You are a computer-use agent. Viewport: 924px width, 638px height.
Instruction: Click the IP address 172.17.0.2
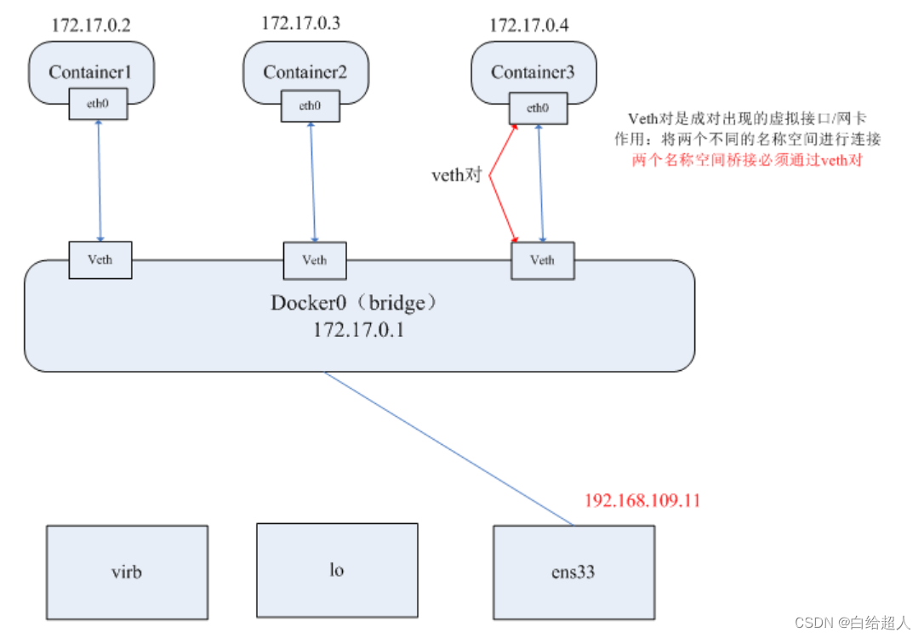point(91,25)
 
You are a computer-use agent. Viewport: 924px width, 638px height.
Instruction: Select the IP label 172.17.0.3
point(300,23)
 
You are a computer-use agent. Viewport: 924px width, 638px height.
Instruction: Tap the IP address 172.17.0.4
point(528,26)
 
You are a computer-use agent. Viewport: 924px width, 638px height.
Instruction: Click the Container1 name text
point(90,71)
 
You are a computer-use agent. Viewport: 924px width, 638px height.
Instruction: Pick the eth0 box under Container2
point(310,106)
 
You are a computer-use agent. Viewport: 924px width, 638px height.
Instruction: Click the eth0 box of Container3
point(537,107)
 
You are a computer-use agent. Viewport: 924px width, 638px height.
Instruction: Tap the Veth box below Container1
point(100,260)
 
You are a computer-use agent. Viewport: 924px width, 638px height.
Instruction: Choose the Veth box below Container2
point(315,260)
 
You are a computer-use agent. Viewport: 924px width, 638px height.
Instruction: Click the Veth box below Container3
point(542,260)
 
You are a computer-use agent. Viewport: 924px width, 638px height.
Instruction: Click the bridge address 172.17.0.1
point(357,329)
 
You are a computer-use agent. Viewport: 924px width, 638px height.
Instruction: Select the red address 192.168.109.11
point(642,500)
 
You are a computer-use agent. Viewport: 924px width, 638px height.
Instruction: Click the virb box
point(127,572)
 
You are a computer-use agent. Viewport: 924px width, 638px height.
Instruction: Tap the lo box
point(337,569)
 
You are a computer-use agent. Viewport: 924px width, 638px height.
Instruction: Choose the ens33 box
point(574,572)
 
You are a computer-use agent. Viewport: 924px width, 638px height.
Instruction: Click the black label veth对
point(458,176)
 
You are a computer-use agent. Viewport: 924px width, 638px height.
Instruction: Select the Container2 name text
point(305,72)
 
